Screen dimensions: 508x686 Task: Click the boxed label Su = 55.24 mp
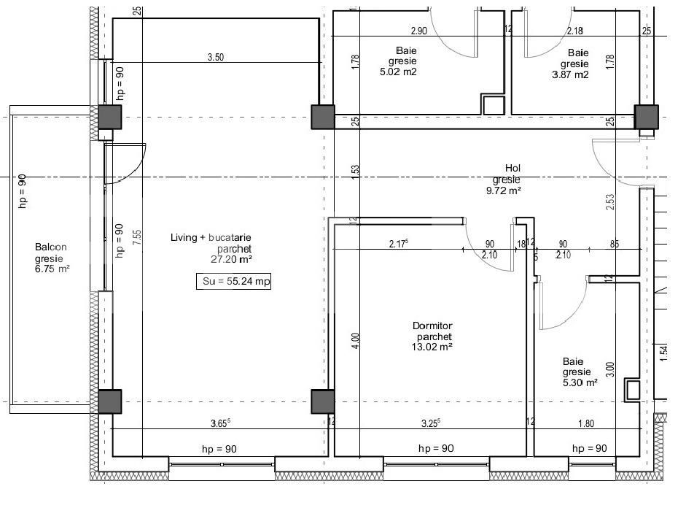tap(233, 282)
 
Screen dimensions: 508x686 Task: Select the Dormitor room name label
tap(432, 327)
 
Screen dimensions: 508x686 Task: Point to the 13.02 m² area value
tap(432, 347)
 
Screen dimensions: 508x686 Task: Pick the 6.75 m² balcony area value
tap(52, 268)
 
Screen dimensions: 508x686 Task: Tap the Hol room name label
tap(506, 168)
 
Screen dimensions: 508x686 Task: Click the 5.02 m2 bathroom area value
tap(398, 73)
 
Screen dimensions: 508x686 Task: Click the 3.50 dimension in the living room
tap(215, 56)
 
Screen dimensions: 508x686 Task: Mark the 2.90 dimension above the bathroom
tap(418, 31)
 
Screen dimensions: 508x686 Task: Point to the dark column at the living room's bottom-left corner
tap(110, 401)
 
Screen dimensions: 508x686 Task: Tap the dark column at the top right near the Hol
tap(646, 117)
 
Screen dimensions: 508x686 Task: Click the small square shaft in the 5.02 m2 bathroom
tap(493, 104)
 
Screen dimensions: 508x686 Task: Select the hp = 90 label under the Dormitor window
tap(436, 448)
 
